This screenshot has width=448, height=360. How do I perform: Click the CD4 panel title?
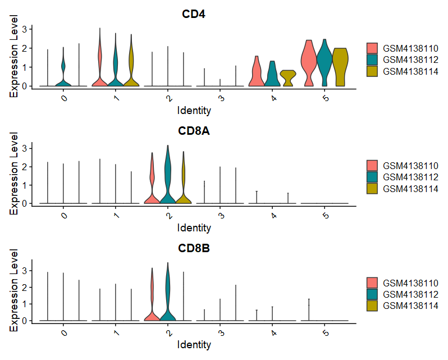click(194, 14)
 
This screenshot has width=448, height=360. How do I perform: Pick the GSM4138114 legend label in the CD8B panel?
click(410, 306)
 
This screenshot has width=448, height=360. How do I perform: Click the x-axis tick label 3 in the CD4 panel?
click(220, 97)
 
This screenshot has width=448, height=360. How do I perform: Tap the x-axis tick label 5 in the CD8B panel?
click(324, 333)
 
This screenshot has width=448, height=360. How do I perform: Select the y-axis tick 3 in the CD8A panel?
click(25, 148)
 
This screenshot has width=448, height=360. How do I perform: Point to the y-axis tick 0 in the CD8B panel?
click(25, 321)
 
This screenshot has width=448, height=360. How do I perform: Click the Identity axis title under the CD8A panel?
click(194, 227)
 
